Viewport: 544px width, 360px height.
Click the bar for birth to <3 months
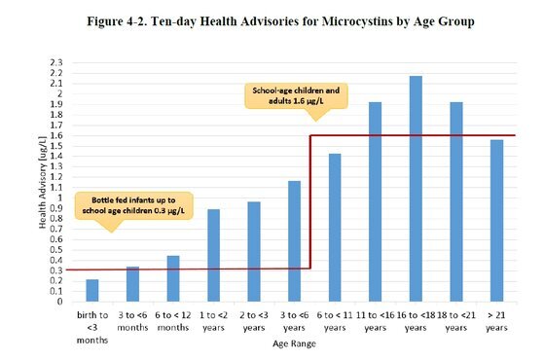click(x=92, y=290)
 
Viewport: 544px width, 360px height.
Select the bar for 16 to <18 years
click(x=416, y=189)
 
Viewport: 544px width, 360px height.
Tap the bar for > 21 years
click(x=496, y=221)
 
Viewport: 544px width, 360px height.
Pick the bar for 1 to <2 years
click(x=213, y=255)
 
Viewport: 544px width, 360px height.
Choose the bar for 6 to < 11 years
click(x=335, y=228)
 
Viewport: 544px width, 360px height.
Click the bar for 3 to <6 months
click(x=132, y=284)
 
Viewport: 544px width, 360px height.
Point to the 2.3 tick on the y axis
click(x=55, y=63)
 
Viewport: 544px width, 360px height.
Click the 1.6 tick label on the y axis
click(x=55, y=135)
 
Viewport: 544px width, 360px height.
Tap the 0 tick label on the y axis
click(x=60, y=302)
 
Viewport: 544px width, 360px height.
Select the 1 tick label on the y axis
click(x=60, y=198)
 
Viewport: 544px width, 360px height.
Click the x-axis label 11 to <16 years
click(x=375, y=321)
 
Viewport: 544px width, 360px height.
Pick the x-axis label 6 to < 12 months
click(x=173, y=321)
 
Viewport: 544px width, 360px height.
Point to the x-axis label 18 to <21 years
click(x=455, y=321)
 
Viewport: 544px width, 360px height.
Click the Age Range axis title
click(x=294, y=343)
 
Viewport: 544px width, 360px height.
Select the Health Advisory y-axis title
click(x=42, y=182)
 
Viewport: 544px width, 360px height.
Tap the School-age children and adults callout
click(x=296, y=95)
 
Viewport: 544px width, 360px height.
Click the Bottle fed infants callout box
click(x=133, y=205)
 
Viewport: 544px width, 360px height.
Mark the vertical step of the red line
click(x=309, y=201)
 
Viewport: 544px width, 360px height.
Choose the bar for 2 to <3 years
click(x=254, y=251)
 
